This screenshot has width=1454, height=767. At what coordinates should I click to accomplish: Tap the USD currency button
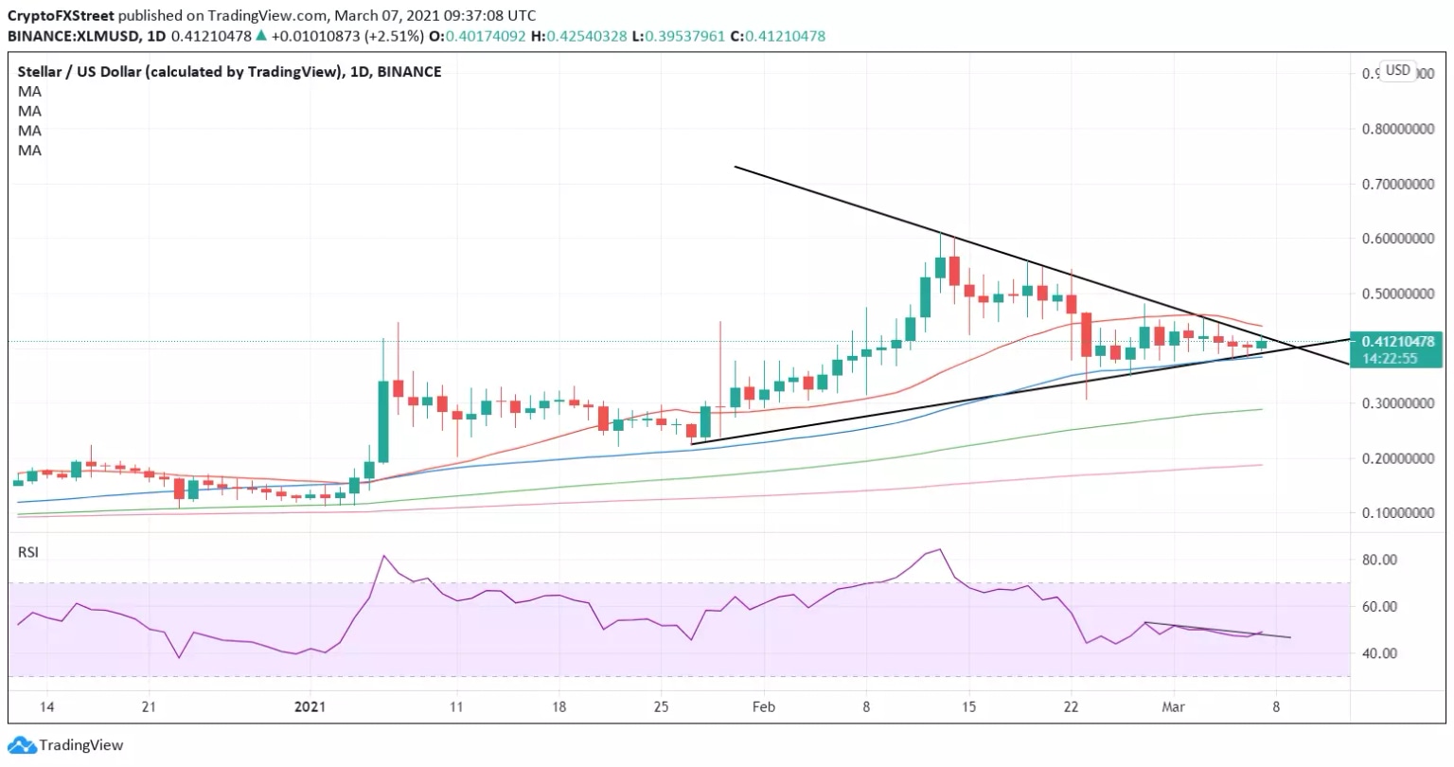pyautogui.click(x=1397, y=70)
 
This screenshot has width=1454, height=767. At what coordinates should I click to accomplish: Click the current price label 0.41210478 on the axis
pyautogui.click(x=1396, y=341)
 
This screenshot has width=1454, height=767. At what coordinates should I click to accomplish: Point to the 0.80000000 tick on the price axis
pyautogui.click(x=1395, y=129)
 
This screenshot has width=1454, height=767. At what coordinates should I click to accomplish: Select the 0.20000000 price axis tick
pyautogui.click(x=1395, y=458)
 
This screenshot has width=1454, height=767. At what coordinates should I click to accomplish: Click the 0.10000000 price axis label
pyautogui.click(x=1395, y=513)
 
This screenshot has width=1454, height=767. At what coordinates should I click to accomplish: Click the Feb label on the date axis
pyautogui.click(x=763, y=706)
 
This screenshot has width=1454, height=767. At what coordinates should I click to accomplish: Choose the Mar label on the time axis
pyautogui.click(x=1174, y=706)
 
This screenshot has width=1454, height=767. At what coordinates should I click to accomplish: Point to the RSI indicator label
pyautogui.click(x=28, y=552)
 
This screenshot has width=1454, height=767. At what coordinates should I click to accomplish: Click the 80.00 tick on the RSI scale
pyautogui.click(x=1378, y=560)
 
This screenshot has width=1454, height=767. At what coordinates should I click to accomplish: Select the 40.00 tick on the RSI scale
pyautogui.click(x=1378, y=653)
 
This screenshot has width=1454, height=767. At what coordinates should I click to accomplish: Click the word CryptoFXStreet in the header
pyautogui.click(x=61, y=16)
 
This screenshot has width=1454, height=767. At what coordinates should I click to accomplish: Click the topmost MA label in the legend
pyautogui.click(x=29, y=91)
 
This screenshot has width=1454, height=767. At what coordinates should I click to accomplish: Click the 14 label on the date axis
pyautogui.click(x=47, y=706)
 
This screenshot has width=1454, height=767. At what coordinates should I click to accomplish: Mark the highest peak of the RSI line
pyautogui.click(x=938, y=549)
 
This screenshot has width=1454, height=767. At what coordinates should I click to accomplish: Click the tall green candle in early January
pyautogui.click(x=383, y=421)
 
